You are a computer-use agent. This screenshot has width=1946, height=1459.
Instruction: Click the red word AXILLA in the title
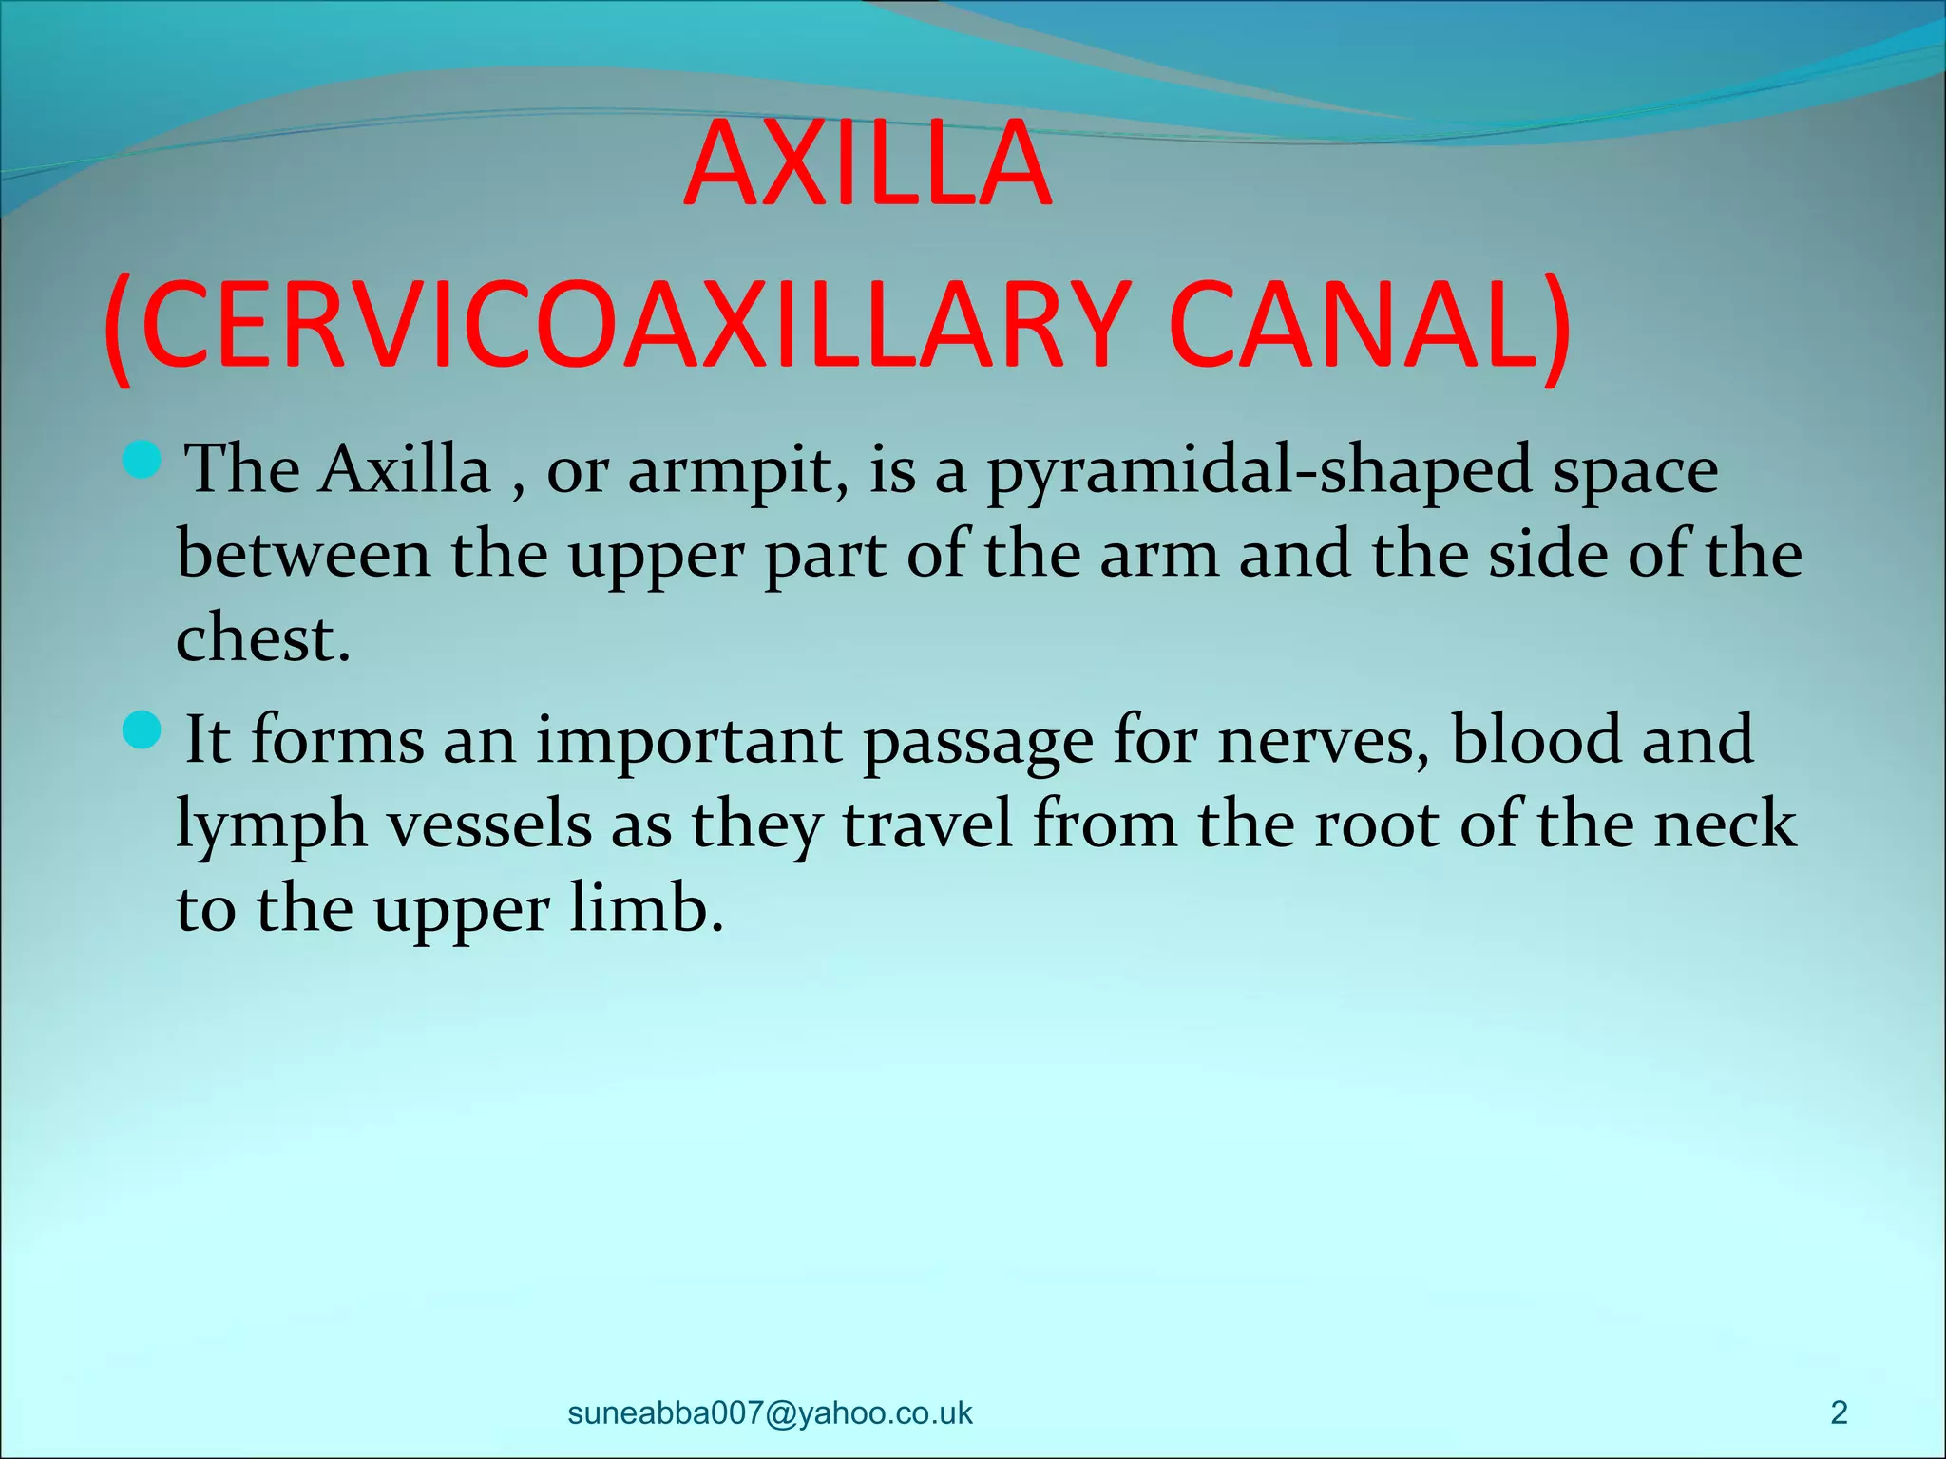868,163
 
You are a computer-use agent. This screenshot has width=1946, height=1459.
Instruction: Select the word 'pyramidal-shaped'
1259,471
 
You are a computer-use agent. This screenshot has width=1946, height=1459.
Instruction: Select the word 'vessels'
488,824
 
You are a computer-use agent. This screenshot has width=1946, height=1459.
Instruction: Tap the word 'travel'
927,824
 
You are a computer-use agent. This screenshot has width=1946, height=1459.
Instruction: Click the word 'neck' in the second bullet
1725,824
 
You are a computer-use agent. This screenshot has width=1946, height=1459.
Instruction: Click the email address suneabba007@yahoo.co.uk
770,1412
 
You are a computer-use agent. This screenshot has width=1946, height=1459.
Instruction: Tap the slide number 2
1839,1412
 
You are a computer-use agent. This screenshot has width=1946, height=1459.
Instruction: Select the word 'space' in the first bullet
1635,473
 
